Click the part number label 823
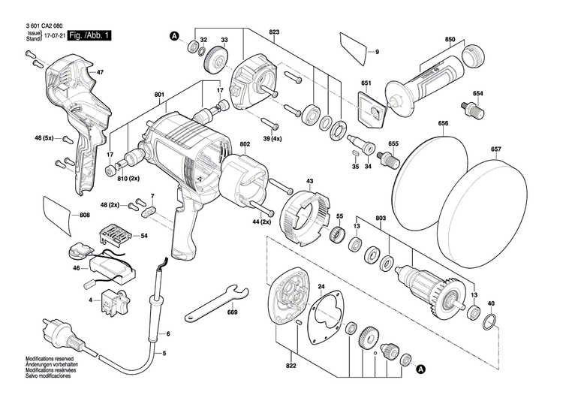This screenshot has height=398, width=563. tap(274, 32)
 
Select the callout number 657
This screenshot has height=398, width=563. tap(496, 149)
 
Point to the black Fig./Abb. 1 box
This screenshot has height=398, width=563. tap(89, 35)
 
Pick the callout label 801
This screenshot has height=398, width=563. tap(158, 95)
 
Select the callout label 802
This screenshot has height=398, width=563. tap(245, 143)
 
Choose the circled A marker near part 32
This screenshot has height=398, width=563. tap(174, 35)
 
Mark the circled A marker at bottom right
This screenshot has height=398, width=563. tap(421, 369)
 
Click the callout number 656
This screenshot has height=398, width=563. tap(443, 123)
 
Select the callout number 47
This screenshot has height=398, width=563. tap(99, 71)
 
